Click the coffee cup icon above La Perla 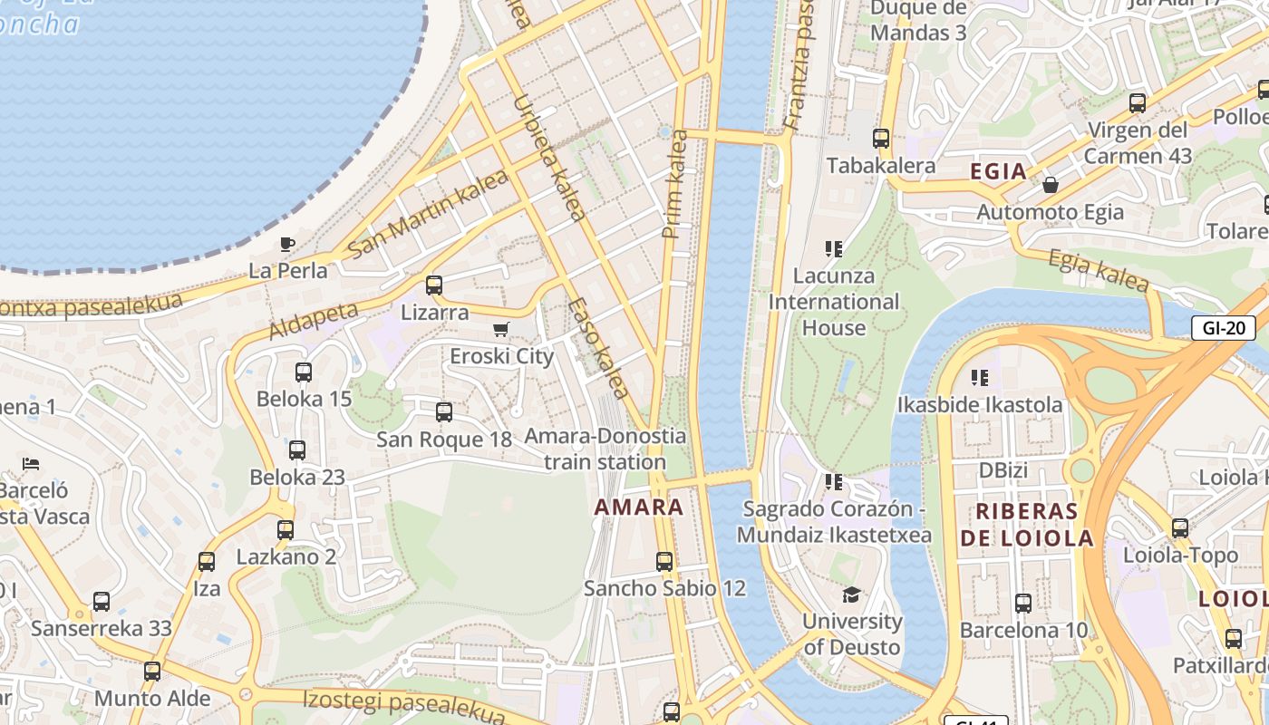pos(287,243)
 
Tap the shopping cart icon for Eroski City pos(501,329)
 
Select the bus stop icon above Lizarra pos(434,285)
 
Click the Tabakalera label pos(881,166)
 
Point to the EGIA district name pos(998,171)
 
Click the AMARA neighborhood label pos(639,507)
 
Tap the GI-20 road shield pos(1223,328)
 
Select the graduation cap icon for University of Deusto pos(851,594)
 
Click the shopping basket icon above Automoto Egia pos(1051,185)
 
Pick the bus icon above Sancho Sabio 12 pos(664,562)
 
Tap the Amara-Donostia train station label pos(605,449)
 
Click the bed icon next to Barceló pos(32,464)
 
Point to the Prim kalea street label pos(675,185)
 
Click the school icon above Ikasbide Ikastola pos(979,377)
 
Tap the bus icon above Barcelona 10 pos(1023,603)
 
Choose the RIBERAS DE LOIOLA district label pos(1027,525)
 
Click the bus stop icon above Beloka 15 pos(304,372)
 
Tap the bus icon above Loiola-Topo pos(1179,527)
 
